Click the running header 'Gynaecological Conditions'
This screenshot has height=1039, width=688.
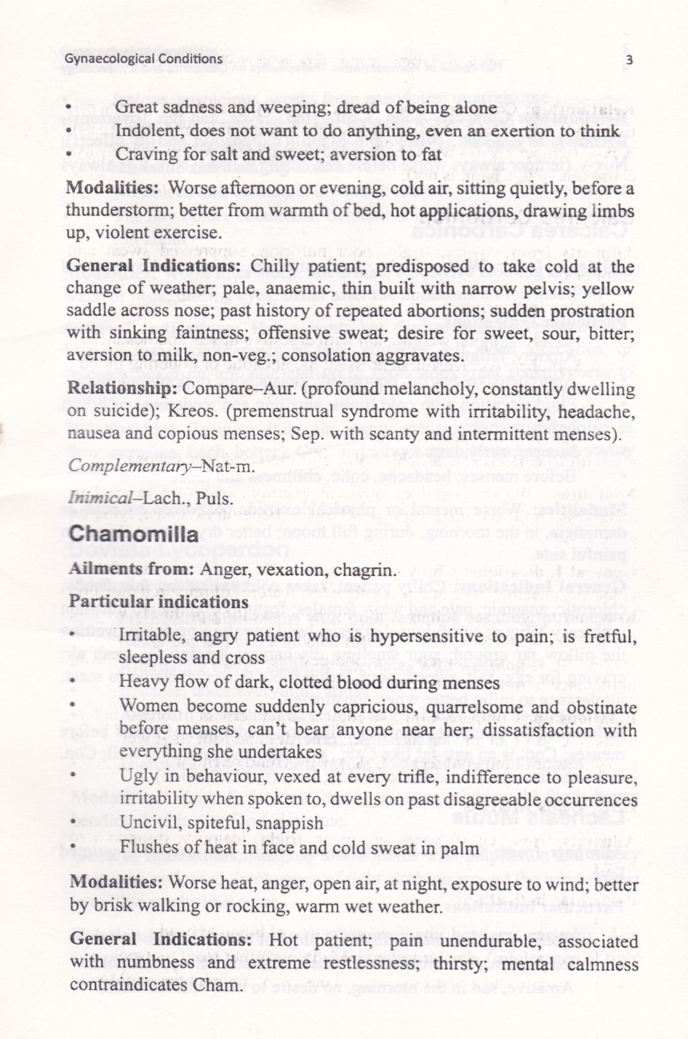pyautogui.click(x=144, y=59)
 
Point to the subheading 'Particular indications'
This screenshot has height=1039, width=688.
pyautogui.click(x=159, y=602)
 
